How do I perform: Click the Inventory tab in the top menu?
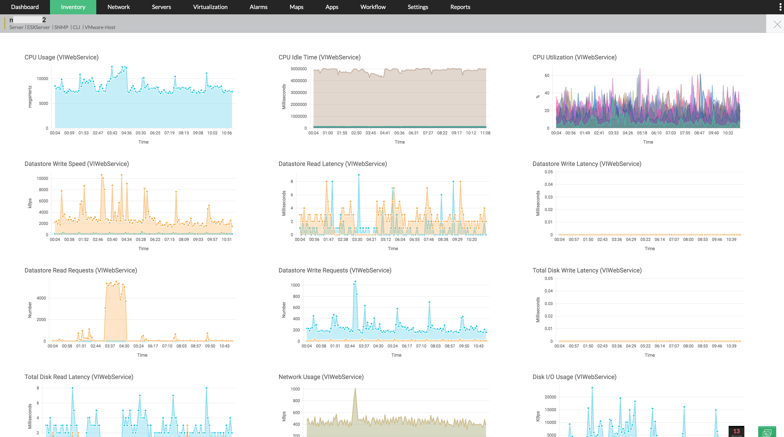73,7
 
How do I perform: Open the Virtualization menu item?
210,7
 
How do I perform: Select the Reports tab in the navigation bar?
460,7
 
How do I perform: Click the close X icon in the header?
777,24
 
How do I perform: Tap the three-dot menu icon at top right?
780,7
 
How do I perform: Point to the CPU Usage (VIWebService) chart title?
61,57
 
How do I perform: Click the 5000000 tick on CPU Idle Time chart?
298,69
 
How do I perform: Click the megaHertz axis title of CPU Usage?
30,96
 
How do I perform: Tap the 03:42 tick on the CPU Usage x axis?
112,133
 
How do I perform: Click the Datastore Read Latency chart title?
332,164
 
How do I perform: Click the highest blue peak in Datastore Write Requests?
355,282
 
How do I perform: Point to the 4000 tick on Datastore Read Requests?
41,298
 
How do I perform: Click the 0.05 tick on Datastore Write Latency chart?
548,172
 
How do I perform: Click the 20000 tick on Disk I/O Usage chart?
550,397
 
